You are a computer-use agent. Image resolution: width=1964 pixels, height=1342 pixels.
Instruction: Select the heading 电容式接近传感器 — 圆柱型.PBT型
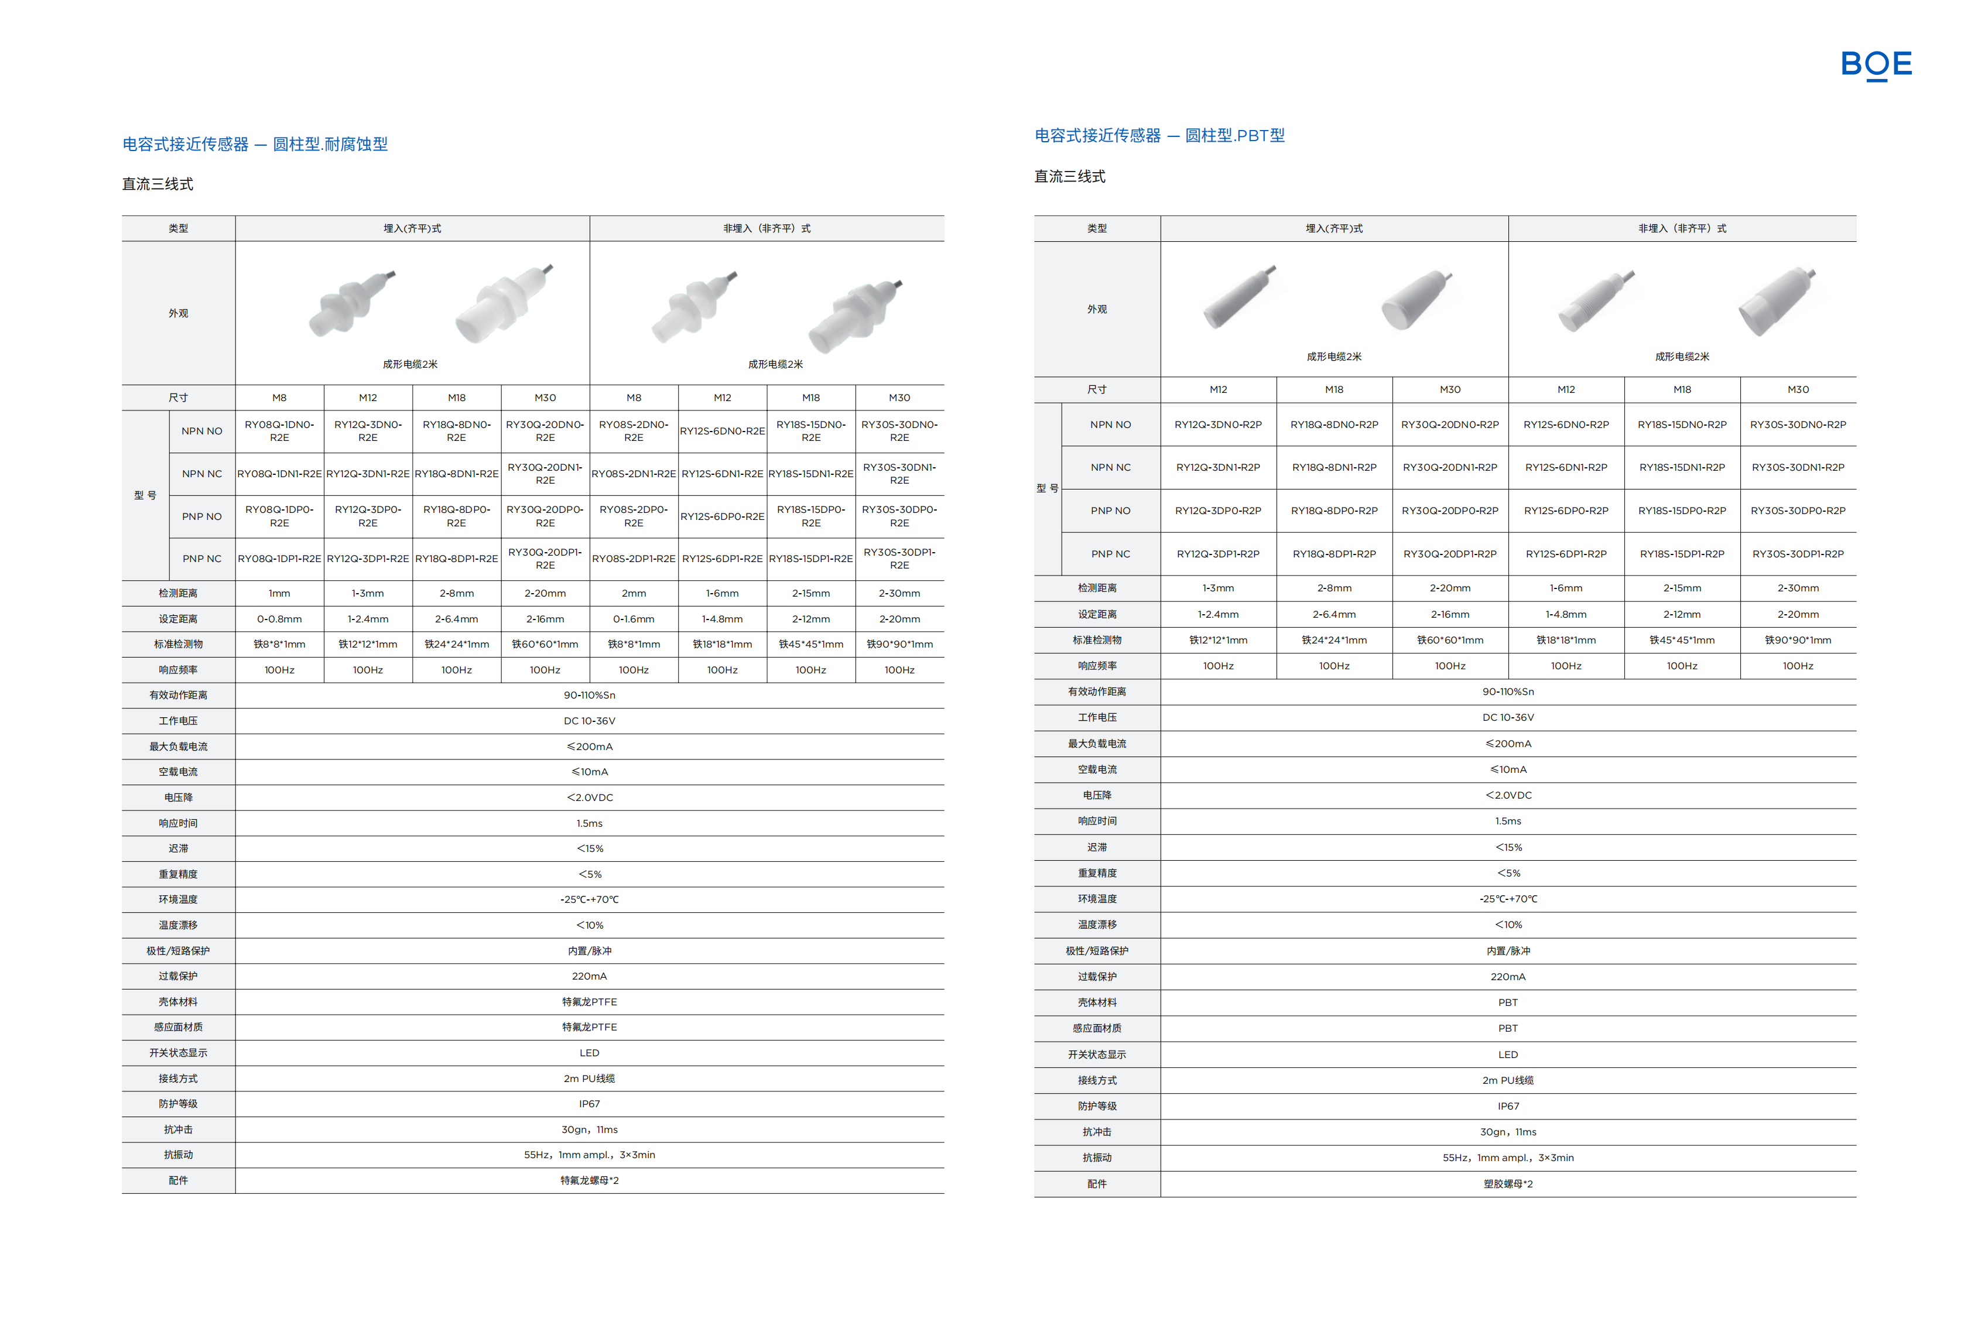pos(1159,136)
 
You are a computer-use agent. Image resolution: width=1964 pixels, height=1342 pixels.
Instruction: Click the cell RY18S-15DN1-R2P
pos(1682,467)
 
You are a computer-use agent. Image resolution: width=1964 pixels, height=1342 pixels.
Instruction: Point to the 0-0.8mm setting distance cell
pos(279,619)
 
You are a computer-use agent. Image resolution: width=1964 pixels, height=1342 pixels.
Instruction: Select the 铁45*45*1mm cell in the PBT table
pos(1682,641)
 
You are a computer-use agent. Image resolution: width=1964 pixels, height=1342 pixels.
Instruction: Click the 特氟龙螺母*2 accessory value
pos(589,1180)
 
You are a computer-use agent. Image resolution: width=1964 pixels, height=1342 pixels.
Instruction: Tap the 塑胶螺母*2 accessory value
pos(1508,1184)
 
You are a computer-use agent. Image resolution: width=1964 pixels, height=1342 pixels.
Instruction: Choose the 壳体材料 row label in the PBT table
pos(1097,1002)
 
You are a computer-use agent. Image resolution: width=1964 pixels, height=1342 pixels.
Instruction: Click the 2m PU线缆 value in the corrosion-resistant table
pos(589,1079)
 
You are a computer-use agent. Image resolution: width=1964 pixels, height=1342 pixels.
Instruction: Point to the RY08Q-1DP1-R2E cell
pos(279,559)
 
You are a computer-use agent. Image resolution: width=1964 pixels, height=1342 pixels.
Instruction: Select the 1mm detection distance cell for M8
pos(279,593)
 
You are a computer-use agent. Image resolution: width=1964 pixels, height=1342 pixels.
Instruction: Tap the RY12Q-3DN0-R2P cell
pos(1218,425)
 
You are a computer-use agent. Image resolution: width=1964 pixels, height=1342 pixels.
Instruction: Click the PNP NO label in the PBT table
pos(1110,511)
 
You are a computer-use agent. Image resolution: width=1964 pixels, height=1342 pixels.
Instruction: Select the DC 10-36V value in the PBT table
pos(1508,717)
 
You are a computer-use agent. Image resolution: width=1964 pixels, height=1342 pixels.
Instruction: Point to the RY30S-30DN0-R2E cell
pos(899,431)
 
